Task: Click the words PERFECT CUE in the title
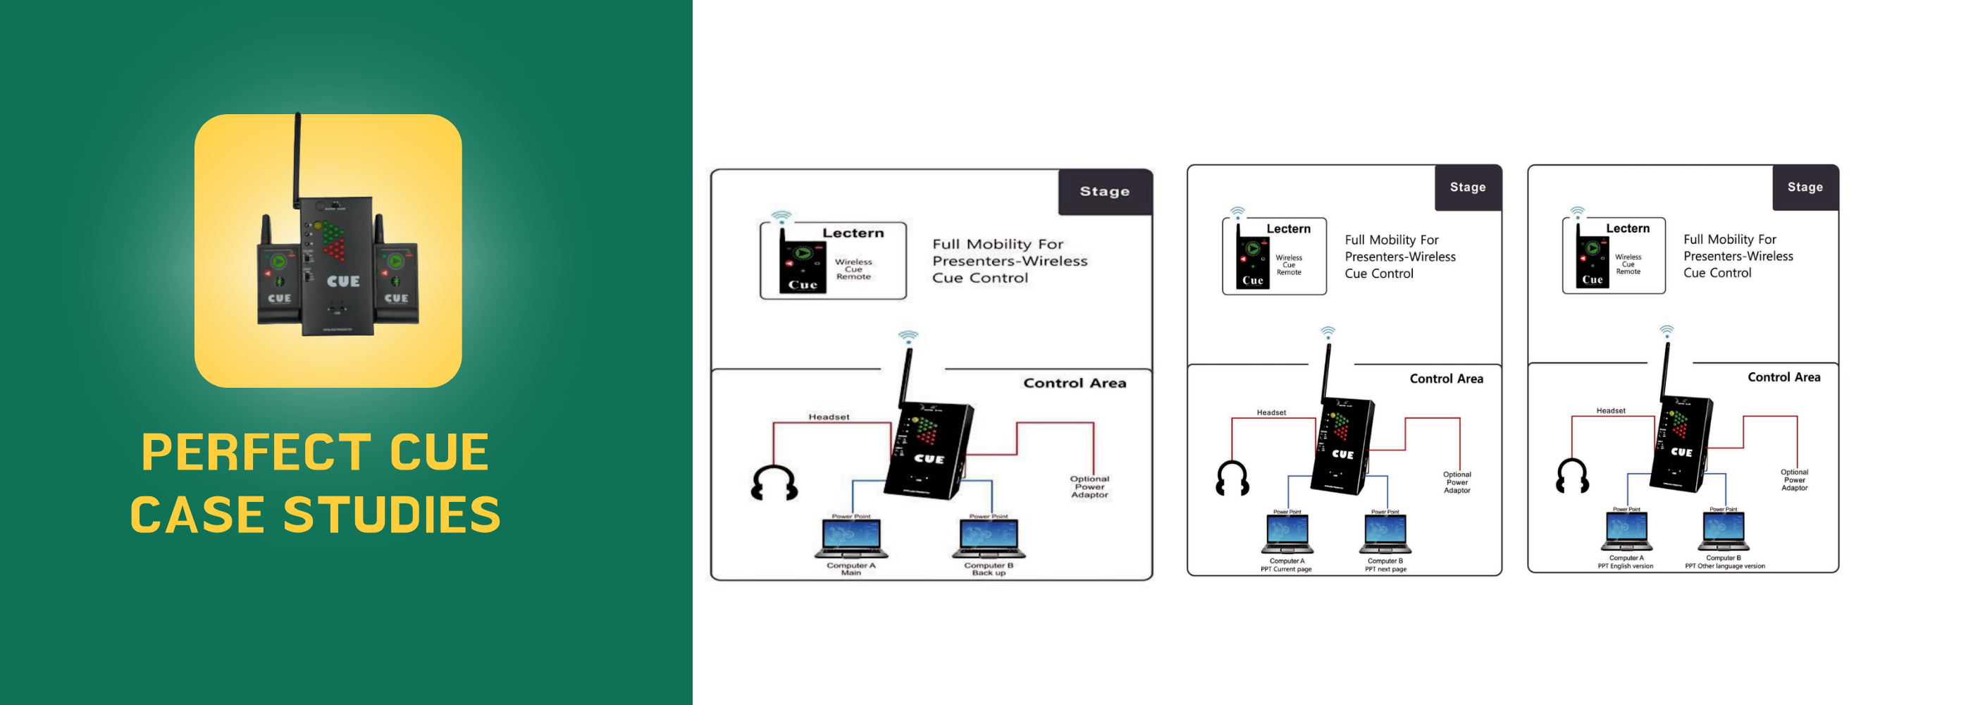click(x=314, y=452)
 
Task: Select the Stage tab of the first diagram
click(x=1104, y=192)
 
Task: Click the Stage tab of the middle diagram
click(x=1467, y=187)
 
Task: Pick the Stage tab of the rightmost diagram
click(x=1805, y=187)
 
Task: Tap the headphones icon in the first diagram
click(x=774, y=483)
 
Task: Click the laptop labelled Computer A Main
click(x=851, y=537)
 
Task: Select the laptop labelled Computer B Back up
click(x=989, y=537)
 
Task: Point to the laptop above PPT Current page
click(x=1287, y=532)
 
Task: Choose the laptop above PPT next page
click(x=1385, y=532)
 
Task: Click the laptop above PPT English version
click(x=1626, y=530)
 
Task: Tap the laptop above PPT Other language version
click(x=1724, y=530)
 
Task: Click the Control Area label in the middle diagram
click(x=1446, y=379)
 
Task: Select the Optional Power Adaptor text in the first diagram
click(x=1089, y=486)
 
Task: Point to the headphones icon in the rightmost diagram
click(x=1573, y=476)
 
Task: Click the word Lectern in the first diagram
click(x=853, y=233)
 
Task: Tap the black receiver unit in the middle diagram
click(x=1342, y=446)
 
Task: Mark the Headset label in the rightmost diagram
click(x=1610, y=411)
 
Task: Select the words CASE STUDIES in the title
click(x=314, y=514)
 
